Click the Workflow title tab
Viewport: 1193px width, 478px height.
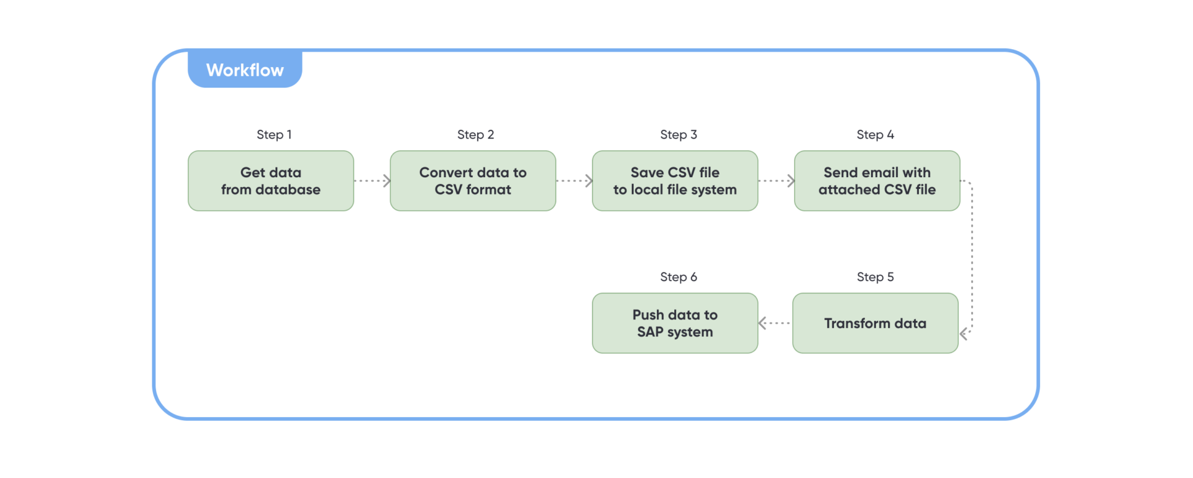245,70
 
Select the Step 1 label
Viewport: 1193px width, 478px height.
274,135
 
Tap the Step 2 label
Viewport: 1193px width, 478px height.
475,135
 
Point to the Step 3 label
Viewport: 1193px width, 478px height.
678,135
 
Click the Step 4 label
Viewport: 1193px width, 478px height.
875,135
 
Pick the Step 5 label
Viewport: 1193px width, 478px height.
875,277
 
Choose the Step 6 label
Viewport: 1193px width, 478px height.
678,277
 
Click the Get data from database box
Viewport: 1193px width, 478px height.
271,181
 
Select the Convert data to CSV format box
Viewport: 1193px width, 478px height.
473,181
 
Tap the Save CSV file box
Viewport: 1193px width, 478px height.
675,181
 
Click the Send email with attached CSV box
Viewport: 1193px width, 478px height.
877,181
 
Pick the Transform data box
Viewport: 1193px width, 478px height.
875,323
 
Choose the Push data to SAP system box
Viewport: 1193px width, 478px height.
675,323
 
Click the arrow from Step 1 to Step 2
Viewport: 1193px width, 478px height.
372,181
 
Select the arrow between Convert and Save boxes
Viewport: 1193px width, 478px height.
574,181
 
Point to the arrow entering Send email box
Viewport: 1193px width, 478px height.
777,181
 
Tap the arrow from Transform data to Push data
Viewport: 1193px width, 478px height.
774,323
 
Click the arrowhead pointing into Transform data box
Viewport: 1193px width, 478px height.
964,334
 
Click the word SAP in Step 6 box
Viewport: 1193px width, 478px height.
650,332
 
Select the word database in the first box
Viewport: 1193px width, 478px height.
288,190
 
